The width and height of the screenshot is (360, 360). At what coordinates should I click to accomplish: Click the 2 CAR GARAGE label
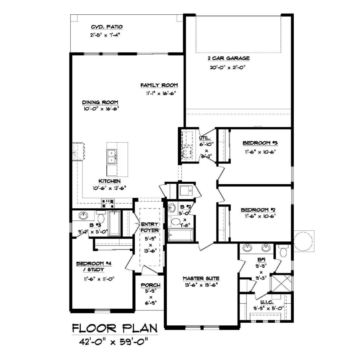coord(229,58)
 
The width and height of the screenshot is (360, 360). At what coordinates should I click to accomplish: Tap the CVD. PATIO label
coord(107,27)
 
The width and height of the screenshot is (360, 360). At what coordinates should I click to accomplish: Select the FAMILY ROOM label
coord(159,85)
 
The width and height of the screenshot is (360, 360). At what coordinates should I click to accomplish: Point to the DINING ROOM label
coord(100,102)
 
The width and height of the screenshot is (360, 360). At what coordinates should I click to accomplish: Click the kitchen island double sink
coord(112,157)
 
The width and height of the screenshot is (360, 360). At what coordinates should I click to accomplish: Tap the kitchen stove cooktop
coord(108,203)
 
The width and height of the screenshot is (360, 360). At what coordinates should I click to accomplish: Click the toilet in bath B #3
coord(101,217)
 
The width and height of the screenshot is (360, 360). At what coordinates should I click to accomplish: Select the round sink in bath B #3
coord(83,215)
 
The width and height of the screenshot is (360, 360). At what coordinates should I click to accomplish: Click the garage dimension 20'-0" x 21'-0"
coord(227,67)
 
